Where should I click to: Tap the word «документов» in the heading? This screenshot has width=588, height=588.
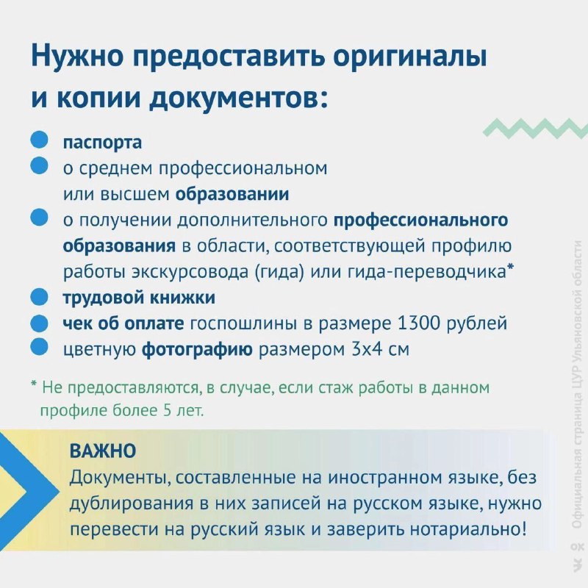[233, 98]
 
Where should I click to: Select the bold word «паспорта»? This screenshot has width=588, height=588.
[102, 143]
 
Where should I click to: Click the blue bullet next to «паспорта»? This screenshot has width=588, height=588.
[39, 140]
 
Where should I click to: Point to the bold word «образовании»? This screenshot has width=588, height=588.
[232, 194]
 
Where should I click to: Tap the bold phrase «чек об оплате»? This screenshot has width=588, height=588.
[123, 323]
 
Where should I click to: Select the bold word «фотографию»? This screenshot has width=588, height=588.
[197, 350]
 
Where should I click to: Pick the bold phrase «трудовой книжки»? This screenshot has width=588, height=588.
[139, 298]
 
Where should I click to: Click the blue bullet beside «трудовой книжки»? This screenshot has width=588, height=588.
[39, 298]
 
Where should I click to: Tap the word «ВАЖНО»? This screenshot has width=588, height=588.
[103, 451]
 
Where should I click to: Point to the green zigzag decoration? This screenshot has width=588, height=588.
[536, 128]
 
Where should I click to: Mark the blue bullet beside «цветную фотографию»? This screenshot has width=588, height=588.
[39, 346]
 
